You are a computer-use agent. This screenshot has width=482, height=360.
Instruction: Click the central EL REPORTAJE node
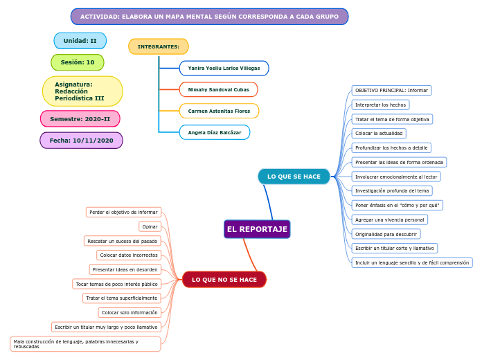coord(257,229)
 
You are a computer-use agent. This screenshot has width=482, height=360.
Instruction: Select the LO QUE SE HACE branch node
coord(294,177)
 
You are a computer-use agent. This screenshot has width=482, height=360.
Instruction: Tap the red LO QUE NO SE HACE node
coord(224,280)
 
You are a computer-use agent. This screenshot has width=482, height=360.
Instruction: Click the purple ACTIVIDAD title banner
coord(209,17)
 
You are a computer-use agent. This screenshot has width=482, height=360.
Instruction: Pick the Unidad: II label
coord(80,41)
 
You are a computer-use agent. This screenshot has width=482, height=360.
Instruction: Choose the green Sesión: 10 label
coord(78,62)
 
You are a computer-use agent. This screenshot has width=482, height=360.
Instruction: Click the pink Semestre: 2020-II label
coord(80,119)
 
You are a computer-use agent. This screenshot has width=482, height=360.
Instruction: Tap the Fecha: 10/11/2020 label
coord(81,141)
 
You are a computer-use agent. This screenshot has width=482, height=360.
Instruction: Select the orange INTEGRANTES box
coord(159,46)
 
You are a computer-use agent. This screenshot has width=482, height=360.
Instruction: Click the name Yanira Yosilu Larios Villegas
coord(224,69)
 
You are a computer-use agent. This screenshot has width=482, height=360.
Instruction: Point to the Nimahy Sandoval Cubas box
coord(218,90)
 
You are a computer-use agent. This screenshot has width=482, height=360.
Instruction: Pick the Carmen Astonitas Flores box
coord(219,111)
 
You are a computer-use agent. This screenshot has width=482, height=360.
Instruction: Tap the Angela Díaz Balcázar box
coord(215,132)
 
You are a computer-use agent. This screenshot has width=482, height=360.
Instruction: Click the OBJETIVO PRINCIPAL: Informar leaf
coord(391,91)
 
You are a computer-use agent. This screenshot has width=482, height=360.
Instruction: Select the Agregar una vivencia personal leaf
coord(389,219)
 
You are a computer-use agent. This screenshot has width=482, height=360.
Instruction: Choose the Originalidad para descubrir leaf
coord(386,234)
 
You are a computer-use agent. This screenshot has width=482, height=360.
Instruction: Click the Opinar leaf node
coord(150,226)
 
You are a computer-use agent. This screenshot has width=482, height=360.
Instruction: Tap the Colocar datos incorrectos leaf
coord(129,255)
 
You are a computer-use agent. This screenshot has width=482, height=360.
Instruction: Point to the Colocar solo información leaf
coord(130,313)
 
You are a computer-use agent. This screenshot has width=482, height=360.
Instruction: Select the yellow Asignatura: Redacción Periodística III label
coord(81,91)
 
